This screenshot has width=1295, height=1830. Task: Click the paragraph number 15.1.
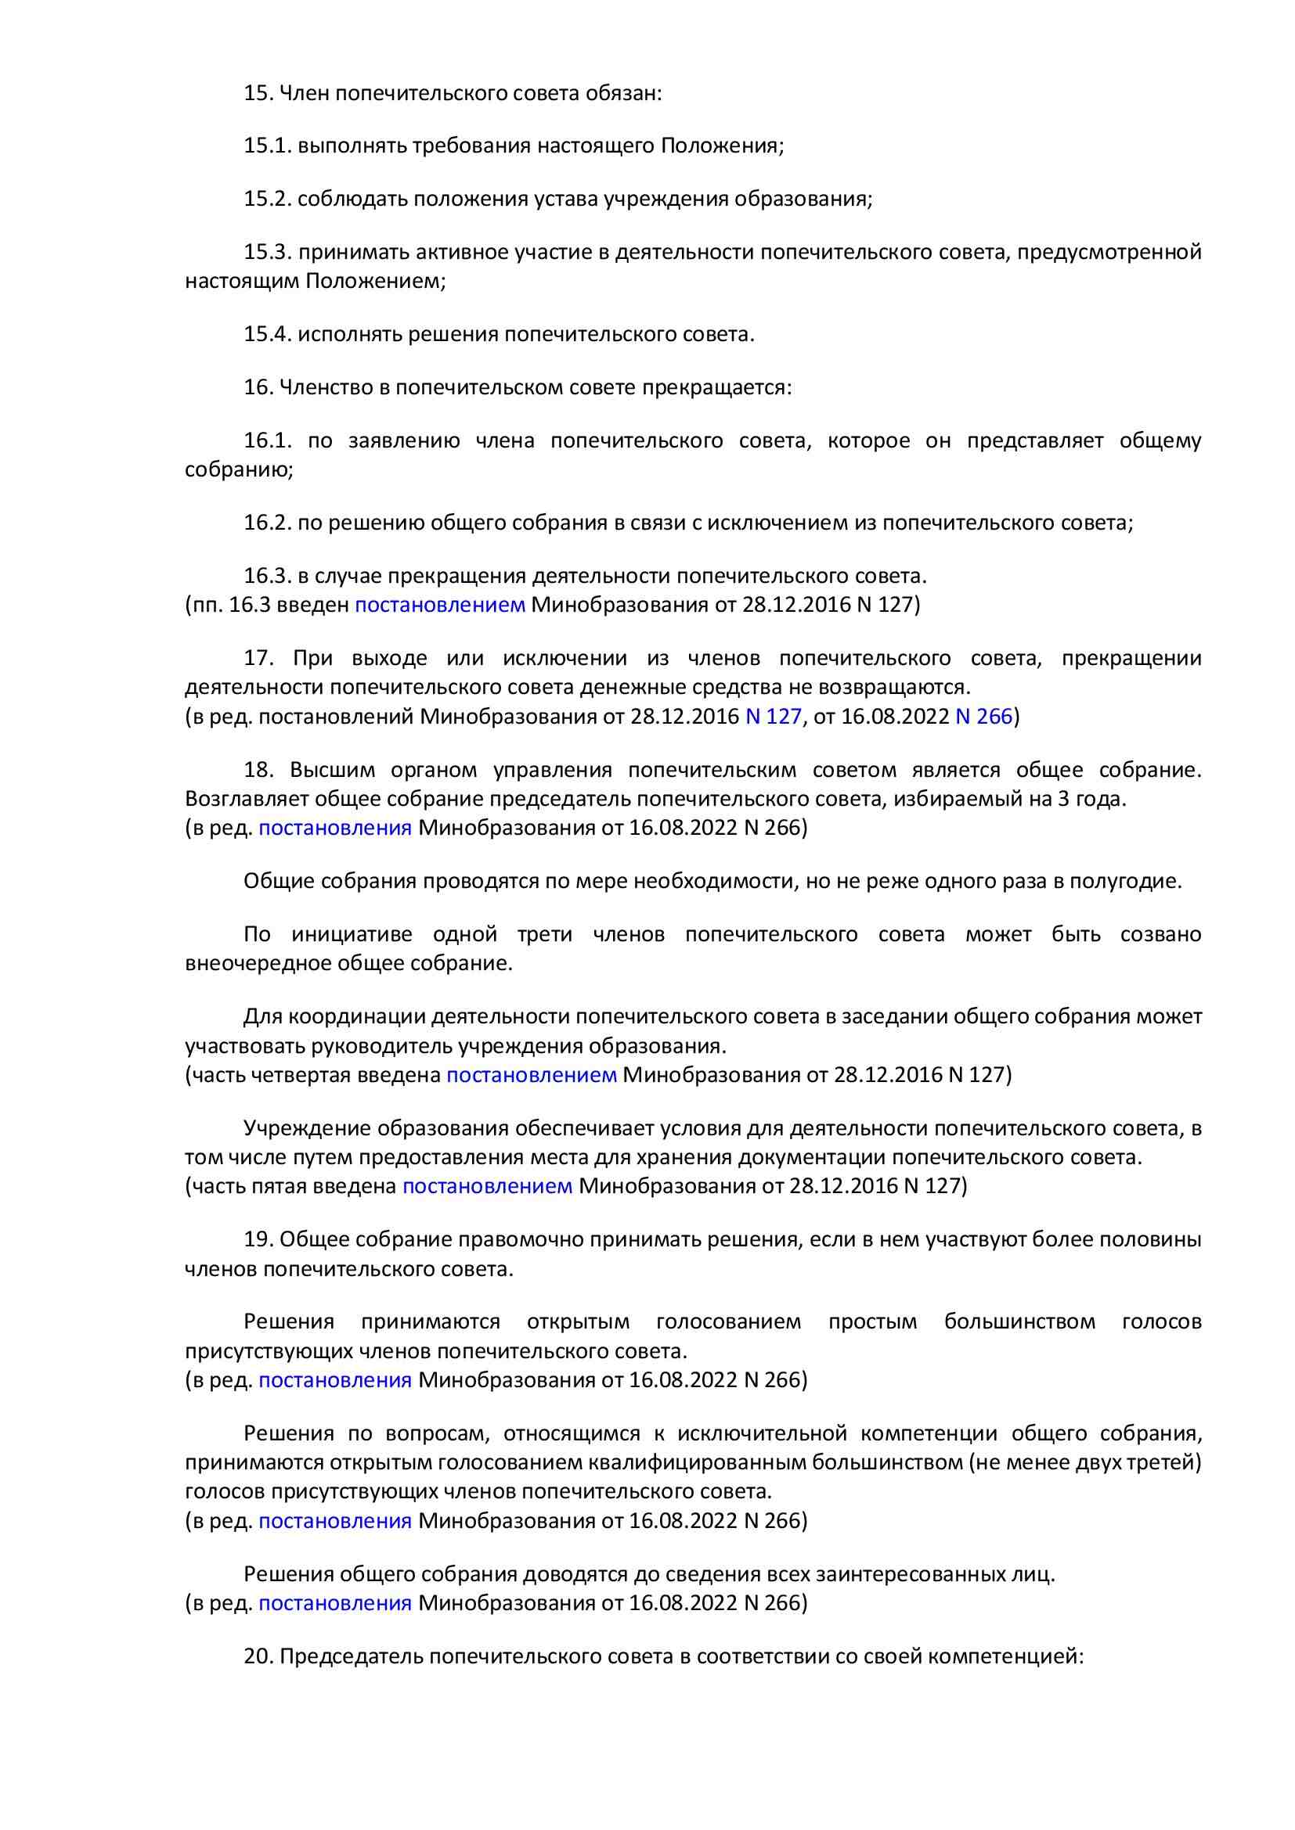pos(268,146)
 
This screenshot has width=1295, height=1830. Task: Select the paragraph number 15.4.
pos(268,335)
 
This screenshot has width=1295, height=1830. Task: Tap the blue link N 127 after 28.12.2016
pos(772,717)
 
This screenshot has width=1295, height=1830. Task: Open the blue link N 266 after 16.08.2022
pos(983,717)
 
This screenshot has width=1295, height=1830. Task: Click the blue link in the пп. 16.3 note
pos(439,605)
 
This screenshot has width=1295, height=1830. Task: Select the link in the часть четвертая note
pos(531,1075)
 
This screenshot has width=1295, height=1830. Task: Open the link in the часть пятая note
pos(487,1186)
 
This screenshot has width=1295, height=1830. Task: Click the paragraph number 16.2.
pos(268,523)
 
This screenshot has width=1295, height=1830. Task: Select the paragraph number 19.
pos(260,1240)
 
